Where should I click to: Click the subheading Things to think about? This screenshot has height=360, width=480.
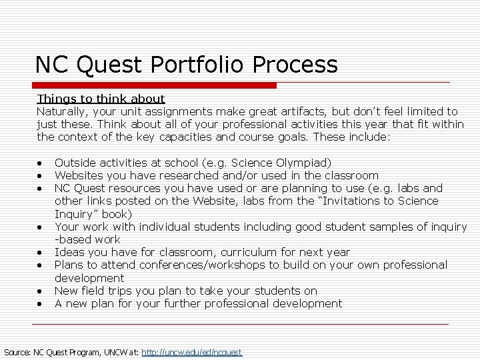(x=101, y=99)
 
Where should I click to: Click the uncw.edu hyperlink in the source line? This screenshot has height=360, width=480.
(x=192, y=351)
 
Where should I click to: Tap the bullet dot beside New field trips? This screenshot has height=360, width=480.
(x=41, y=291)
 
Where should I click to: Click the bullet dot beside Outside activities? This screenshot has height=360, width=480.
(x=41, y=163)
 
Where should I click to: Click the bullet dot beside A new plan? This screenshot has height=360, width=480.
(x=41, y=304)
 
